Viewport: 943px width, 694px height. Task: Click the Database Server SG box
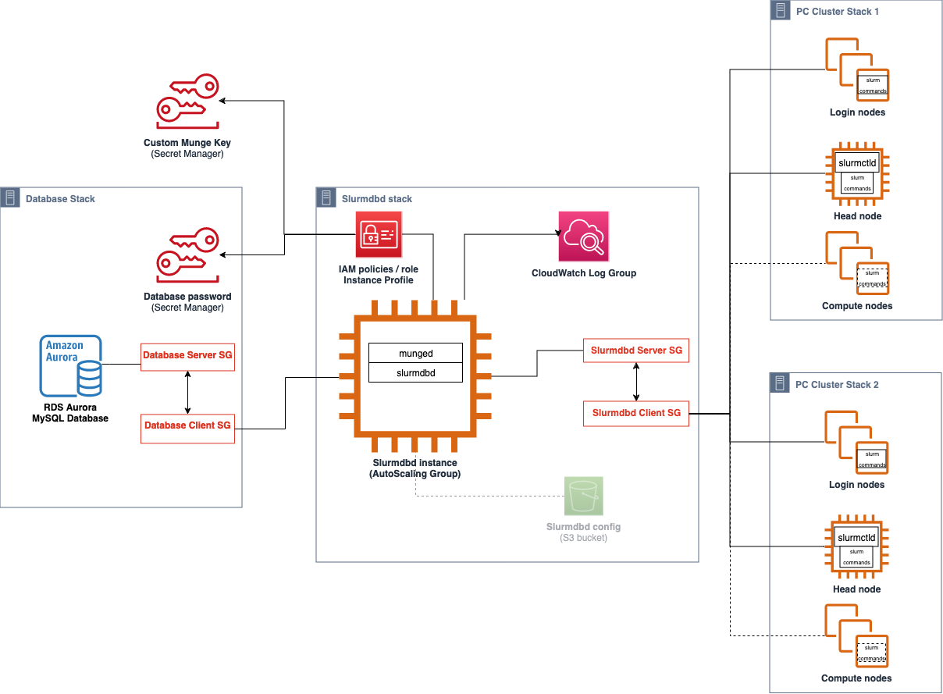[187, 356]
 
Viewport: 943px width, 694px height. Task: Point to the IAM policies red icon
[379, 234]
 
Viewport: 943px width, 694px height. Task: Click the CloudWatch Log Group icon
[583, 236]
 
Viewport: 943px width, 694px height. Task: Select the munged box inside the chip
[415, 354]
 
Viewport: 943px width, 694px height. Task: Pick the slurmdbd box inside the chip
[415, 373]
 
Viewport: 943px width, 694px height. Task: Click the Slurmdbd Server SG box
[636, 351]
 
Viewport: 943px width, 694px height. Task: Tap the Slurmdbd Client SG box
[636, 413]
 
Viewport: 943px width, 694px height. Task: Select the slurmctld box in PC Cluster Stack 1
[857, 164]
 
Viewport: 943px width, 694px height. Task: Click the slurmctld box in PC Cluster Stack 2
[857, 538]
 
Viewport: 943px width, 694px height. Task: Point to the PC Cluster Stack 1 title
[837, 12]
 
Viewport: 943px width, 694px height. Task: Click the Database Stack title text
[60, 199]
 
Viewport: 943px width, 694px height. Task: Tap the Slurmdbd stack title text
[377, 199]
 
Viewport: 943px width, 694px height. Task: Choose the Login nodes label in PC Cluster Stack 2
[857, 485]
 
